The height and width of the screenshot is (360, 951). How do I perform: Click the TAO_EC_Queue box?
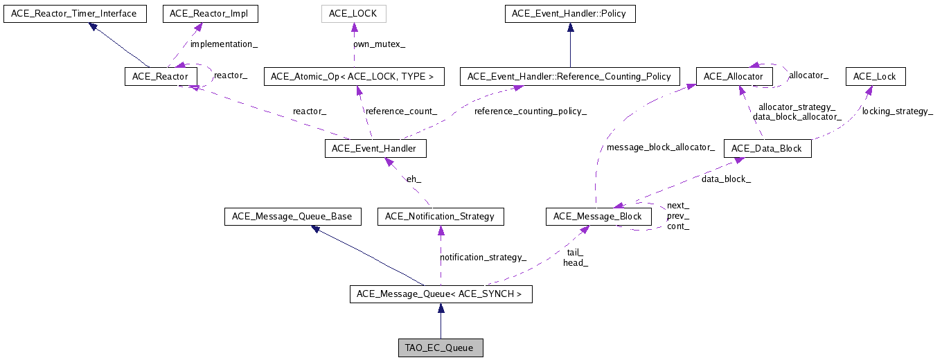[440, 348]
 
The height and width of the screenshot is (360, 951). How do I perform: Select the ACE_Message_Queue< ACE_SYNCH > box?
[440, 294]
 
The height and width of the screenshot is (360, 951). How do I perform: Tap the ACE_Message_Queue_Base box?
[292, 217]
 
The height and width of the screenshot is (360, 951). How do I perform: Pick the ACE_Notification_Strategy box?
[441, 217]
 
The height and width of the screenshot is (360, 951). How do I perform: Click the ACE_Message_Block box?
[598, 217]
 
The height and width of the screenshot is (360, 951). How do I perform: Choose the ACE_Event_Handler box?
[375, 148]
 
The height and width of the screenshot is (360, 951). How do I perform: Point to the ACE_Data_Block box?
[767, 148]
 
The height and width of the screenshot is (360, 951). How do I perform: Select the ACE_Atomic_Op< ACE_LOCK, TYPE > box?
[353, 76]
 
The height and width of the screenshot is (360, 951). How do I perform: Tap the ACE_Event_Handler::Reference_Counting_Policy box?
[570, 76]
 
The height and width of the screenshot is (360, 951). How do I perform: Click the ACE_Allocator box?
[734, 76]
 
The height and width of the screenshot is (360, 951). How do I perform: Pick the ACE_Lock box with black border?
[875, 76]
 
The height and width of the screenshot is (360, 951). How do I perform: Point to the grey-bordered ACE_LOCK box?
[354, 13]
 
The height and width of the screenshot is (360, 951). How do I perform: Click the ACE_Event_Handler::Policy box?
[570, 13]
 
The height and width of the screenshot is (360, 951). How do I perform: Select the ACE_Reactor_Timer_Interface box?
[75, 13]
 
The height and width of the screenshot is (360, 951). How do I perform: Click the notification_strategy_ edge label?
[483, 257]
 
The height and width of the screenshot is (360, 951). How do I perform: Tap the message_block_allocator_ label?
[660, 147]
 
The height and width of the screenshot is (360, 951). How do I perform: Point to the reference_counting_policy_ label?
[531, 111]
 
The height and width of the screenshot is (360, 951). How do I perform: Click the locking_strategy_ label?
[897, 111]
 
